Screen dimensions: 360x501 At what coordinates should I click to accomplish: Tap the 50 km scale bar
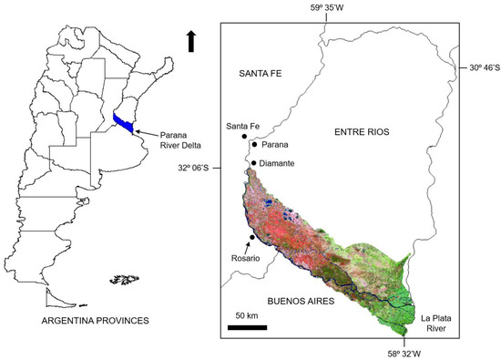[x=247, y=326]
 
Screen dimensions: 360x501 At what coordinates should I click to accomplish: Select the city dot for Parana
[x=254, y=145]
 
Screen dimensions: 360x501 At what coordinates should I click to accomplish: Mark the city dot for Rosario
[x=250, y=238]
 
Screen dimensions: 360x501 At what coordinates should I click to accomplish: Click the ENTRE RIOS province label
[x=359, y=132]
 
